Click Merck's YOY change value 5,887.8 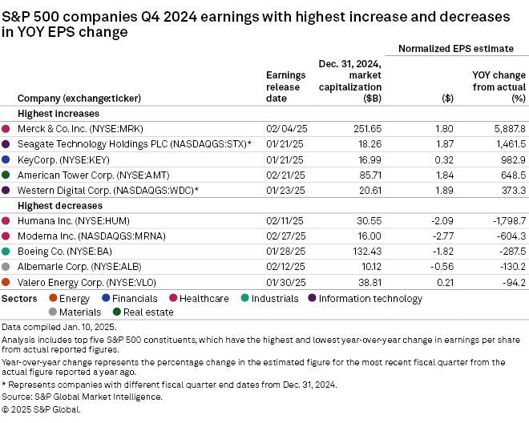(503, 128)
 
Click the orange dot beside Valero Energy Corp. (6, 282)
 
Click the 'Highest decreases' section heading (55, 206)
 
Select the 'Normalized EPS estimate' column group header (457, 49)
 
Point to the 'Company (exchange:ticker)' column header (79, 99)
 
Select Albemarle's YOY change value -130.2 (507, 267)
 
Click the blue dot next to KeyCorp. (6, 159)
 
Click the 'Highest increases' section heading (53, 114)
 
